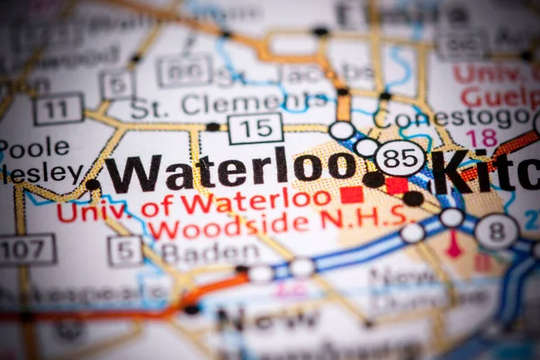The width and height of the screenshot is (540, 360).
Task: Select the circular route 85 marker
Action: coord(400,158)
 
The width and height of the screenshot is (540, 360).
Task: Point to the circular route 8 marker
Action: coord(496,231)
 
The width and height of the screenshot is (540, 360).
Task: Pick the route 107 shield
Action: coord(26,249)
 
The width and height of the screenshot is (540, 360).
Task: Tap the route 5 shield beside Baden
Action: coord(125,250)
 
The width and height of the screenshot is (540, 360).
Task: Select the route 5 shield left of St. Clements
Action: coord(117,85)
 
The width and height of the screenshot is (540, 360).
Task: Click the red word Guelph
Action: coord(499,97)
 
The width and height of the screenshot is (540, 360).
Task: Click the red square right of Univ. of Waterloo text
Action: coord(351,194)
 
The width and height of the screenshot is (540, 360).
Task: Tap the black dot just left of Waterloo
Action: coord(93,184)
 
